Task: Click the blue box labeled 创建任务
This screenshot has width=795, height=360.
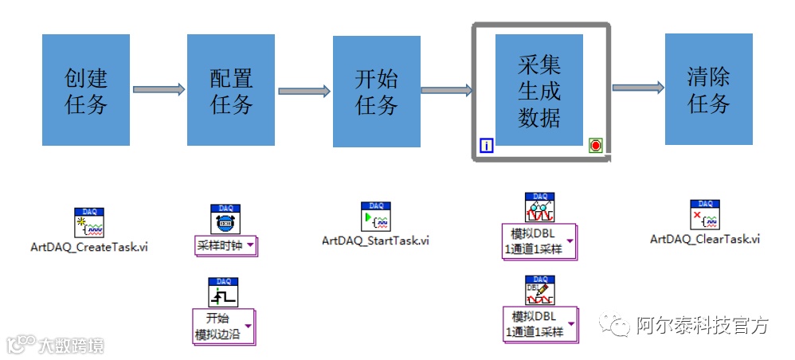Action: [86, 90]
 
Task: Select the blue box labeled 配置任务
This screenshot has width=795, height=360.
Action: [231, 90]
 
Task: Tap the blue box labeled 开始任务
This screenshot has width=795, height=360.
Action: [376, 90]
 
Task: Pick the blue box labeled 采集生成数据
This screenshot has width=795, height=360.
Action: [539, 90]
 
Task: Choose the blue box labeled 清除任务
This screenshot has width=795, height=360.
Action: [708, 90]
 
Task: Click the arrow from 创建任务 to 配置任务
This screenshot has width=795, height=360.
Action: [159, 90]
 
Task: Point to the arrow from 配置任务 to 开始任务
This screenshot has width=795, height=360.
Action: [304, 91]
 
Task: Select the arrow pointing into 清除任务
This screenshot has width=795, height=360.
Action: [638, 88]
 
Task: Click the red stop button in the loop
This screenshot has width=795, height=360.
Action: [596, 144]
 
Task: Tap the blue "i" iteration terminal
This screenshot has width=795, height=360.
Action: [486, 145]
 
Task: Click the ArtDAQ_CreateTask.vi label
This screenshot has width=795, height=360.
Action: [89, 247]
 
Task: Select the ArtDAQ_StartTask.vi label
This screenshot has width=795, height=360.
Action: [375, 240]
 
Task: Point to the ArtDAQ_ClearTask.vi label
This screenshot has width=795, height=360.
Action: [705, 238]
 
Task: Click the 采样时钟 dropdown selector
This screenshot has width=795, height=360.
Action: [225, 245]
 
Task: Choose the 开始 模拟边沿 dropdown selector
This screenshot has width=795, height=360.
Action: [225, 327]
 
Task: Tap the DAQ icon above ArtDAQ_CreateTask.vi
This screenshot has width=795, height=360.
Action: [90, 223]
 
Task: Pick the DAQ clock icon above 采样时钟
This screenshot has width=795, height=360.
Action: [225, 219]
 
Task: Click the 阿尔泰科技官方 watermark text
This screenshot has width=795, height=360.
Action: [702, 325]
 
